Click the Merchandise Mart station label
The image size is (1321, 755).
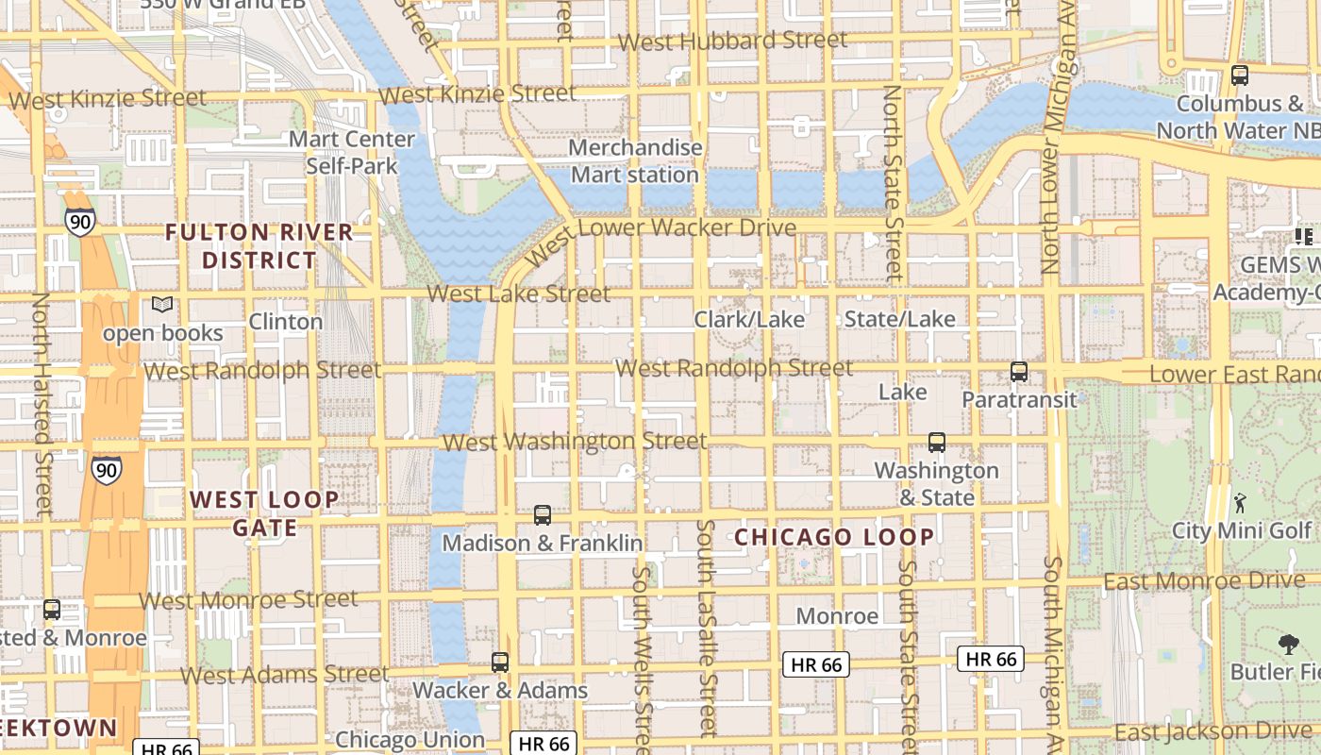click(635, 161)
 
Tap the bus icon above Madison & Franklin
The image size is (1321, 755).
click(543, 515)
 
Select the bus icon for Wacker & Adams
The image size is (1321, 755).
click(500, 663)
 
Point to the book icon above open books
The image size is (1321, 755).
click(162, 305)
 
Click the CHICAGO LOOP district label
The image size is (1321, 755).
click(834, 537)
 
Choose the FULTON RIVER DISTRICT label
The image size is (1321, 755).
click(259, 245)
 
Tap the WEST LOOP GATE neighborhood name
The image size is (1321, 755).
click(264, 513)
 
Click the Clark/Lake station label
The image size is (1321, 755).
click(749, 319)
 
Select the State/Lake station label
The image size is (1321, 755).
click(899, 319)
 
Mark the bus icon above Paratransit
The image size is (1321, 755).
click(1019, 372)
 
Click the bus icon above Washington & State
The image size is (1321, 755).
click(937, 443)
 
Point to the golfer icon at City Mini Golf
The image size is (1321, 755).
click(1240, 503)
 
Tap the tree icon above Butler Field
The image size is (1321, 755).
click(1288, 646)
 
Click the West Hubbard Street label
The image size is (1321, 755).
click(732, 41)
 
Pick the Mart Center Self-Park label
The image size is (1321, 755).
click(351, 152)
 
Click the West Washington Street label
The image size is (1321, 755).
click(574, 441)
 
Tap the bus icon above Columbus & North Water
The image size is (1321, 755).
click(1240, 75)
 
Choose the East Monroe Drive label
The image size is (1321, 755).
click(1204, 580)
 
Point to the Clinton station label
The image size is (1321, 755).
click(285, 322)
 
